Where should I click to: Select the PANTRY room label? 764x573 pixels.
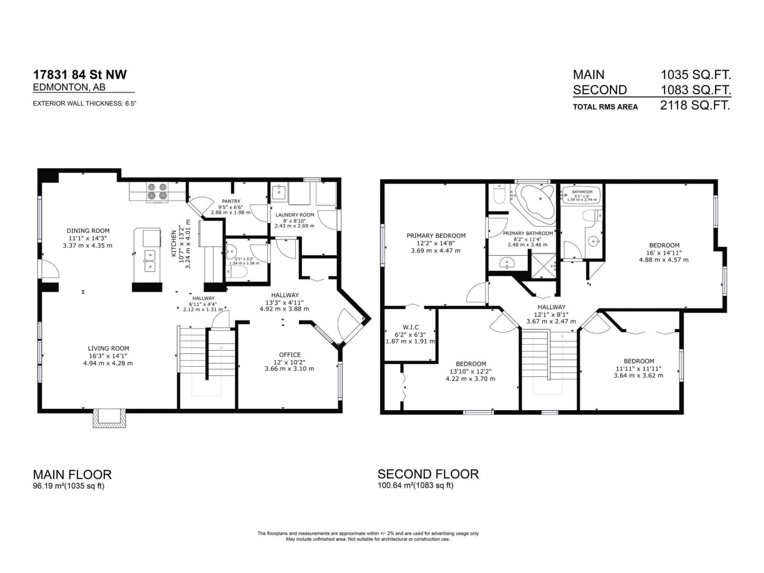[x=231, y=201]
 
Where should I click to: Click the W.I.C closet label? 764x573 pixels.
[x=411, y=327]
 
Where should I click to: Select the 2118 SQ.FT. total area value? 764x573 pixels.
[x=695, y=105]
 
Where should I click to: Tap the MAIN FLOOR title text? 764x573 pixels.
[x=72, y=475]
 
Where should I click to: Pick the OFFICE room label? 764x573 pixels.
[x=290, y=355]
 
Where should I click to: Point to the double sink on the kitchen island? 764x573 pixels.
[x=150, y=261]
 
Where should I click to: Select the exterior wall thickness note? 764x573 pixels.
[x=85, y=103]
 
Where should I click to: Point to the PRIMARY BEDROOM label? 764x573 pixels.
[x=436, y=236]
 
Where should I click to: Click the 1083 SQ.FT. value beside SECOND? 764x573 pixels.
[x=696, y=90]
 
